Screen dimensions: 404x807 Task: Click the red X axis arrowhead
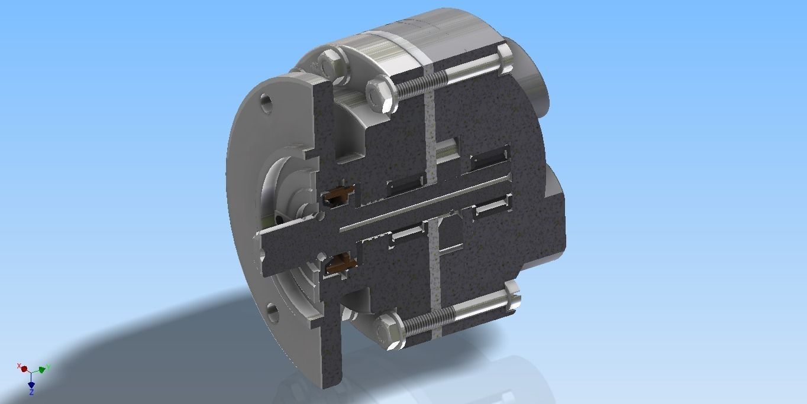(x=24, y=369)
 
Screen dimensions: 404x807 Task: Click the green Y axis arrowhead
(x=42, y=370)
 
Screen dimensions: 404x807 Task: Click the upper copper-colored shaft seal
(x=338, y=194)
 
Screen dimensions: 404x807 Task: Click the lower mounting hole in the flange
(x=272, y=311)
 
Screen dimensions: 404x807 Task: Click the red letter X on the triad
(x=19, y=366)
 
